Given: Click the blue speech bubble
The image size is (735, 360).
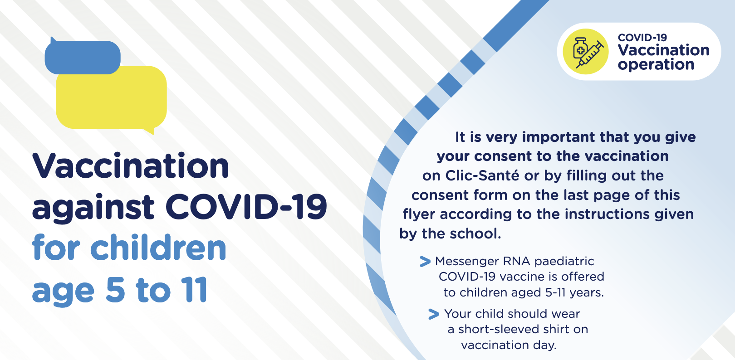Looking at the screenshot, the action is click(x=83, y=57).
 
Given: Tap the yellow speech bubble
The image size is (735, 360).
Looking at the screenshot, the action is click(x=112, y=98).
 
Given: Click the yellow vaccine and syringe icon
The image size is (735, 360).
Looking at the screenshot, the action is click(x=586, y=52).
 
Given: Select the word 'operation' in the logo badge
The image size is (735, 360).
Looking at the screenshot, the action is click(x=656, y=64).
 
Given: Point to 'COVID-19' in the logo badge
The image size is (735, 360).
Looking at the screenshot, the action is click(x=642, y=38).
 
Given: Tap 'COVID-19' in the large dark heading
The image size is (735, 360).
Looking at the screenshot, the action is click(x=246, y=207).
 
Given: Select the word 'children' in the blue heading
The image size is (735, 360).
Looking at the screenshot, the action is click(x=158, y=248).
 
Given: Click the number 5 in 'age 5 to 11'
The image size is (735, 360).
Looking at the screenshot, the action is click(x=116, y=290).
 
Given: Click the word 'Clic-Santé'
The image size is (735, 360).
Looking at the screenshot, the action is click(x=482, y=176).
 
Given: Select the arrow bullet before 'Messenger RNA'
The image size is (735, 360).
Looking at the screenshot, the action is click(x=425, y=262).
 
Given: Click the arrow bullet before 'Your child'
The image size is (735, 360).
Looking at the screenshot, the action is click(x=434, y=314).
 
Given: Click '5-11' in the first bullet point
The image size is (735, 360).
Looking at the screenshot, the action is click(x=555, y=292).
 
